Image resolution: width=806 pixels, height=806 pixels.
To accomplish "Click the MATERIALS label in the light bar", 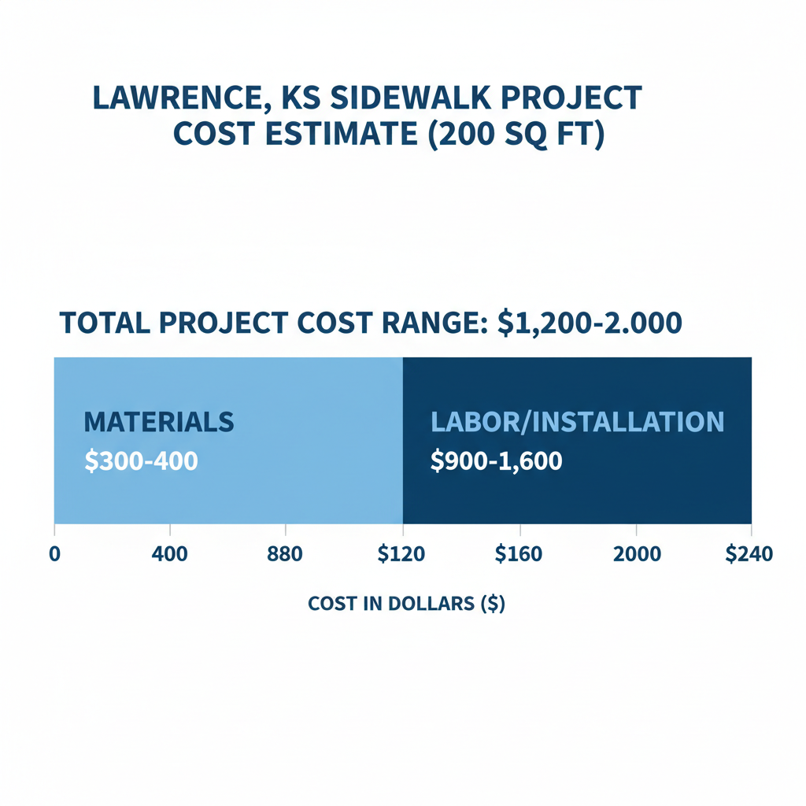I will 158,422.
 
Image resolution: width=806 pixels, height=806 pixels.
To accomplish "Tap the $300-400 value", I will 140,461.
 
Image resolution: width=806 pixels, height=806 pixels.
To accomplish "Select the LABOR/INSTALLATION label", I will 577,422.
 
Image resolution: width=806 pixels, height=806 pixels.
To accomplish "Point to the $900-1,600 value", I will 496,461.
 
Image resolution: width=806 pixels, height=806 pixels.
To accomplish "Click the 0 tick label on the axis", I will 54,553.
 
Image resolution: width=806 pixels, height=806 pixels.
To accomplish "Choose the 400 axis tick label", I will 169,553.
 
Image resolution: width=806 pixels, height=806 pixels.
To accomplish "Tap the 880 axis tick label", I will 285,553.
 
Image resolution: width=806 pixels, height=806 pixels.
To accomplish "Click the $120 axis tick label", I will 401,553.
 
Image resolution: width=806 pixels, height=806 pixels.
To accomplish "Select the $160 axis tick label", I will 518,553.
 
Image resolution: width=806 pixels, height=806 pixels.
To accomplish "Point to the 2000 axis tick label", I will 637,553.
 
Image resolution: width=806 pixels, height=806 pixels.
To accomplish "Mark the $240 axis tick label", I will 749,553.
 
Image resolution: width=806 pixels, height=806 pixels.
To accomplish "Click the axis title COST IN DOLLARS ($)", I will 406,604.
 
